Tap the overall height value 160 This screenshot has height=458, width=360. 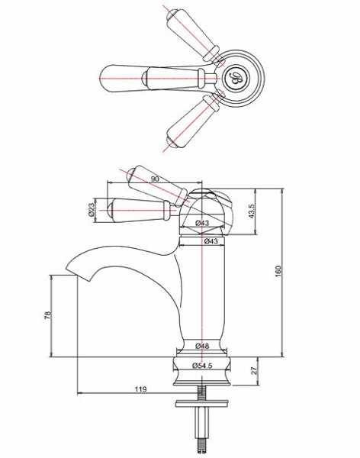point(278,271)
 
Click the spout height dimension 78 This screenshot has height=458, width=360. point(47,315)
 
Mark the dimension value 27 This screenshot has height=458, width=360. point(254,373)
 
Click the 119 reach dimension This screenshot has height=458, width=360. point(140,390)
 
